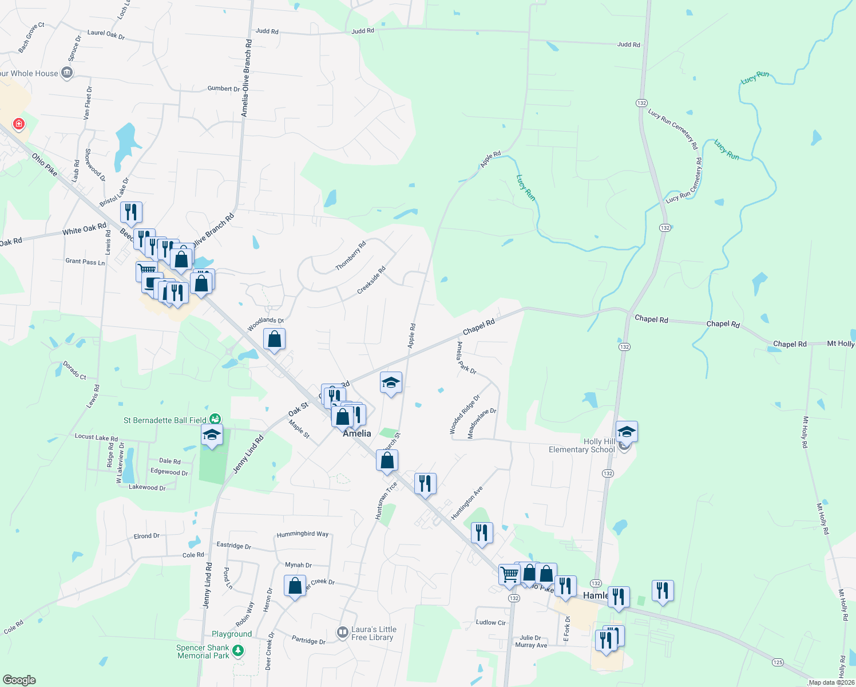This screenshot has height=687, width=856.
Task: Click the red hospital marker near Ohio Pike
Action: pos(19,124)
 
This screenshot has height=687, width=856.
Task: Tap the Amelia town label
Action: pos(356,433)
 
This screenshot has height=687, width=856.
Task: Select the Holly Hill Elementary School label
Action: pos(581,445)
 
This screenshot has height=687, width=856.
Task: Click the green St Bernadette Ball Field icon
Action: pos(215,420)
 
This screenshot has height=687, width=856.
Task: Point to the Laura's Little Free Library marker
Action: pos(343,633)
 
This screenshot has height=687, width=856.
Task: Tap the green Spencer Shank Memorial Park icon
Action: pos(238,651)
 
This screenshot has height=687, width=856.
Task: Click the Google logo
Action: pos(19,680)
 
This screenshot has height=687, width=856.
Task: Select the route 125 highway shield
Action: pos(777,662)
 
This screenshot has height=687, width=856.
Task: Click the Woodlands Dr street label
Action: pos(265,324)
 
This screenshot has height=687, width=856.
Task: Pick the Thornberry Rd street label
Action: pos(350,256)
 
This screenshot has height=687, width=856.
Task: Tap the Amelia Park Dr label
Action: pos(466,358)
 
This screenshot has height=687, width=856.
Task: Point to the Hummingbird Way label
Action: pos(303,534)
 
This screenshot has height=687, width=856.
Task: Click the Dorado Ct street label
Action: pos(74,370)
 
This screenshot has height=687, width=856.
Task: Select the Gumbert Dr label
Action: pos(224,89)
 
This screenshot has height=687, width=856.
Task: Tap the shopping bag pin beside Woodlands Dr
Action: pos(275,339)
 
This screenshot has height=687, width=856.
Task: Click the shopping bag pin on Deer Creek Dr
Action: pos(295,586)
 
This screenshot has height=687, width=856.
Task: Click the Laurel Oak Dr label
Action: pos(106,34)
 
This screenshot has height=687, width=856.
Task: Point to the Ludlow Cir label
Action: pos(491,622)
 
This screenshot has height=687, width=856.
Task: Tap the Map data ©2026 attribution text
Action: pos(831,682)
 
